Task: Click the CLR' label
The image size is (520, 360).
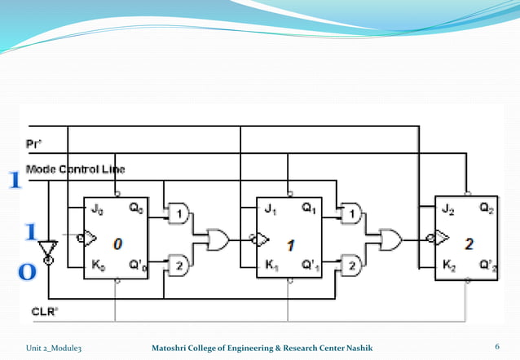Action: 42,311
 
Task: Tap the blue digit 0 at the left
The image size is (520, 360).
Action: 27,273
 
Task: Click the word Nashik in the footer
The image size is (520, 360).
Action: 357,349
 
